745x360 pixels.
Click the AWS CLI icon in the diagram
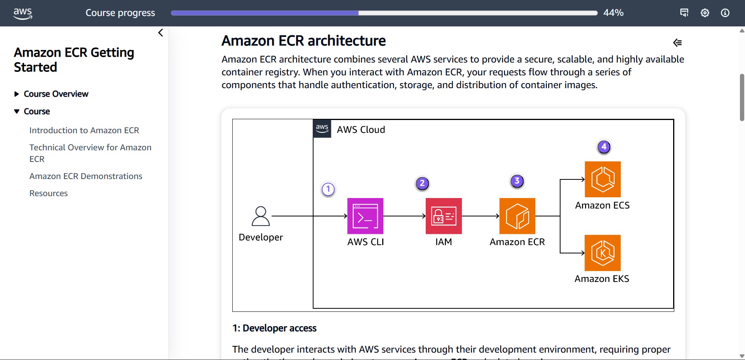pyautogui.click(x=365, y=216)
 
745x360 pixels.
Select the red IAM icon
pyautogui.click(x=444, y=216)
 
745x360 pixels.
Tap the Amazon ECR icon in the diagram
pyautogui.click(x=517, y=216)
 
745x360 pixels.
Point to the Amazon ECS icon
pyautogui.click(x=602, y=179)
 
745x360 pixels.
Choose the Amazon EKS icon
pyautogui.click(x=602, y=253)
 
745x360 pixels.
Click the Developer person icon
pyautogui.click(x=261, y=216)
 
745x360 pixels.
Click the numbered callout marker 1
pyautogui.click(x=328, y=189)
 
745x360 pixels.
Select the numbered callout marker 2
pyautogui.click(x=422, y=183)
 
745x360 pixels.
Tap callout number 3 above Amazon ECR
pyautogui.click(x=517, y=181)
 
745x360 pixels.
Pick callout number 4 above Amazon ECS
pyautogui.click(x=604, y=147)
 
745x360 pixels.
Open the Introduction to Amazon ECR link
pyautogui.click(x=84, y=130)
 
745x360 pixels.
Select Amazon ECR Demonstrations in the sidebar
pyautogui.click(x=86, y=176)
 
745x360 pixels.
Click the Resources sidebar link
pyautogui.click(x=49, y=193)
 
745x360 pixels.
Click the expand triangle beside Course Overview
pyautogui.click(x=16, y=94)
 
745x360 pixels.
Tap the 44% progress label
pyautogui.click(x=613, y=13)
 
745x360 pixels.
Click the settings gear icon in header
pyautogui.click(x=705, y=13)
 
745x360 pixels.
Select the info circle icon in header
pyautogui.click(x=725, y=13)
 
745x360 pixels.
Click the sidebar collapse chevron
pyautogui.click(x=160, y=33)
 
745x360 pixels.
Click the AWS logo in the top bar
pyautogui.click(x=23, y=13)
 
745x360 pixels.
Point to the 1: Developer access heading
pyautogui.click(x=274, y=328)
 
